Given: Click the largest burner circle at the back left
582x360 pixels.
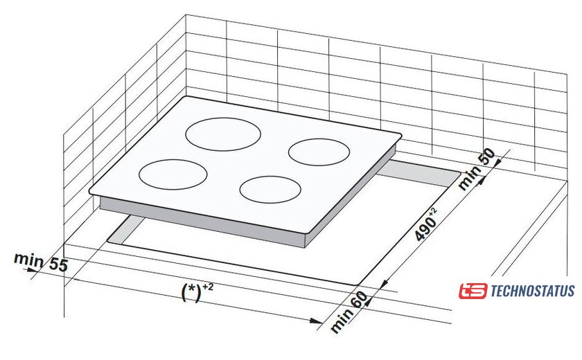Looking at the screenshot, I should click(x=222, y=134).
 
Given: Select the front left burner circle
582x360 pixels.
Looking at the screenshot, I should click(x=173, y=173).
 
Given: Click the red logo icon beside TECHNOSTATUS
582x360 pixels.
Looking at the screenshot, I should click(x=473, y=291).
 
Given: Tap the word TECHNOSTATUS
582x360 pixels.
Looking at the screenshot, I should click(x=532, y=291).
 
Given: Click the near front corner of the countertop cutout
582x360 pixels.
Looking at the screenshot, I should click(x=361, y=282).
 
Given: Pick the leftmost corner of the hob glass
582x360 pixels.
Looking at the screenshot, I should click(x=90, y=191).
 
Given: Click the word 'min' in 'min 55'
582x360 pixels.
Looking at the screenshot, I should click(x=28, y=260).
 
